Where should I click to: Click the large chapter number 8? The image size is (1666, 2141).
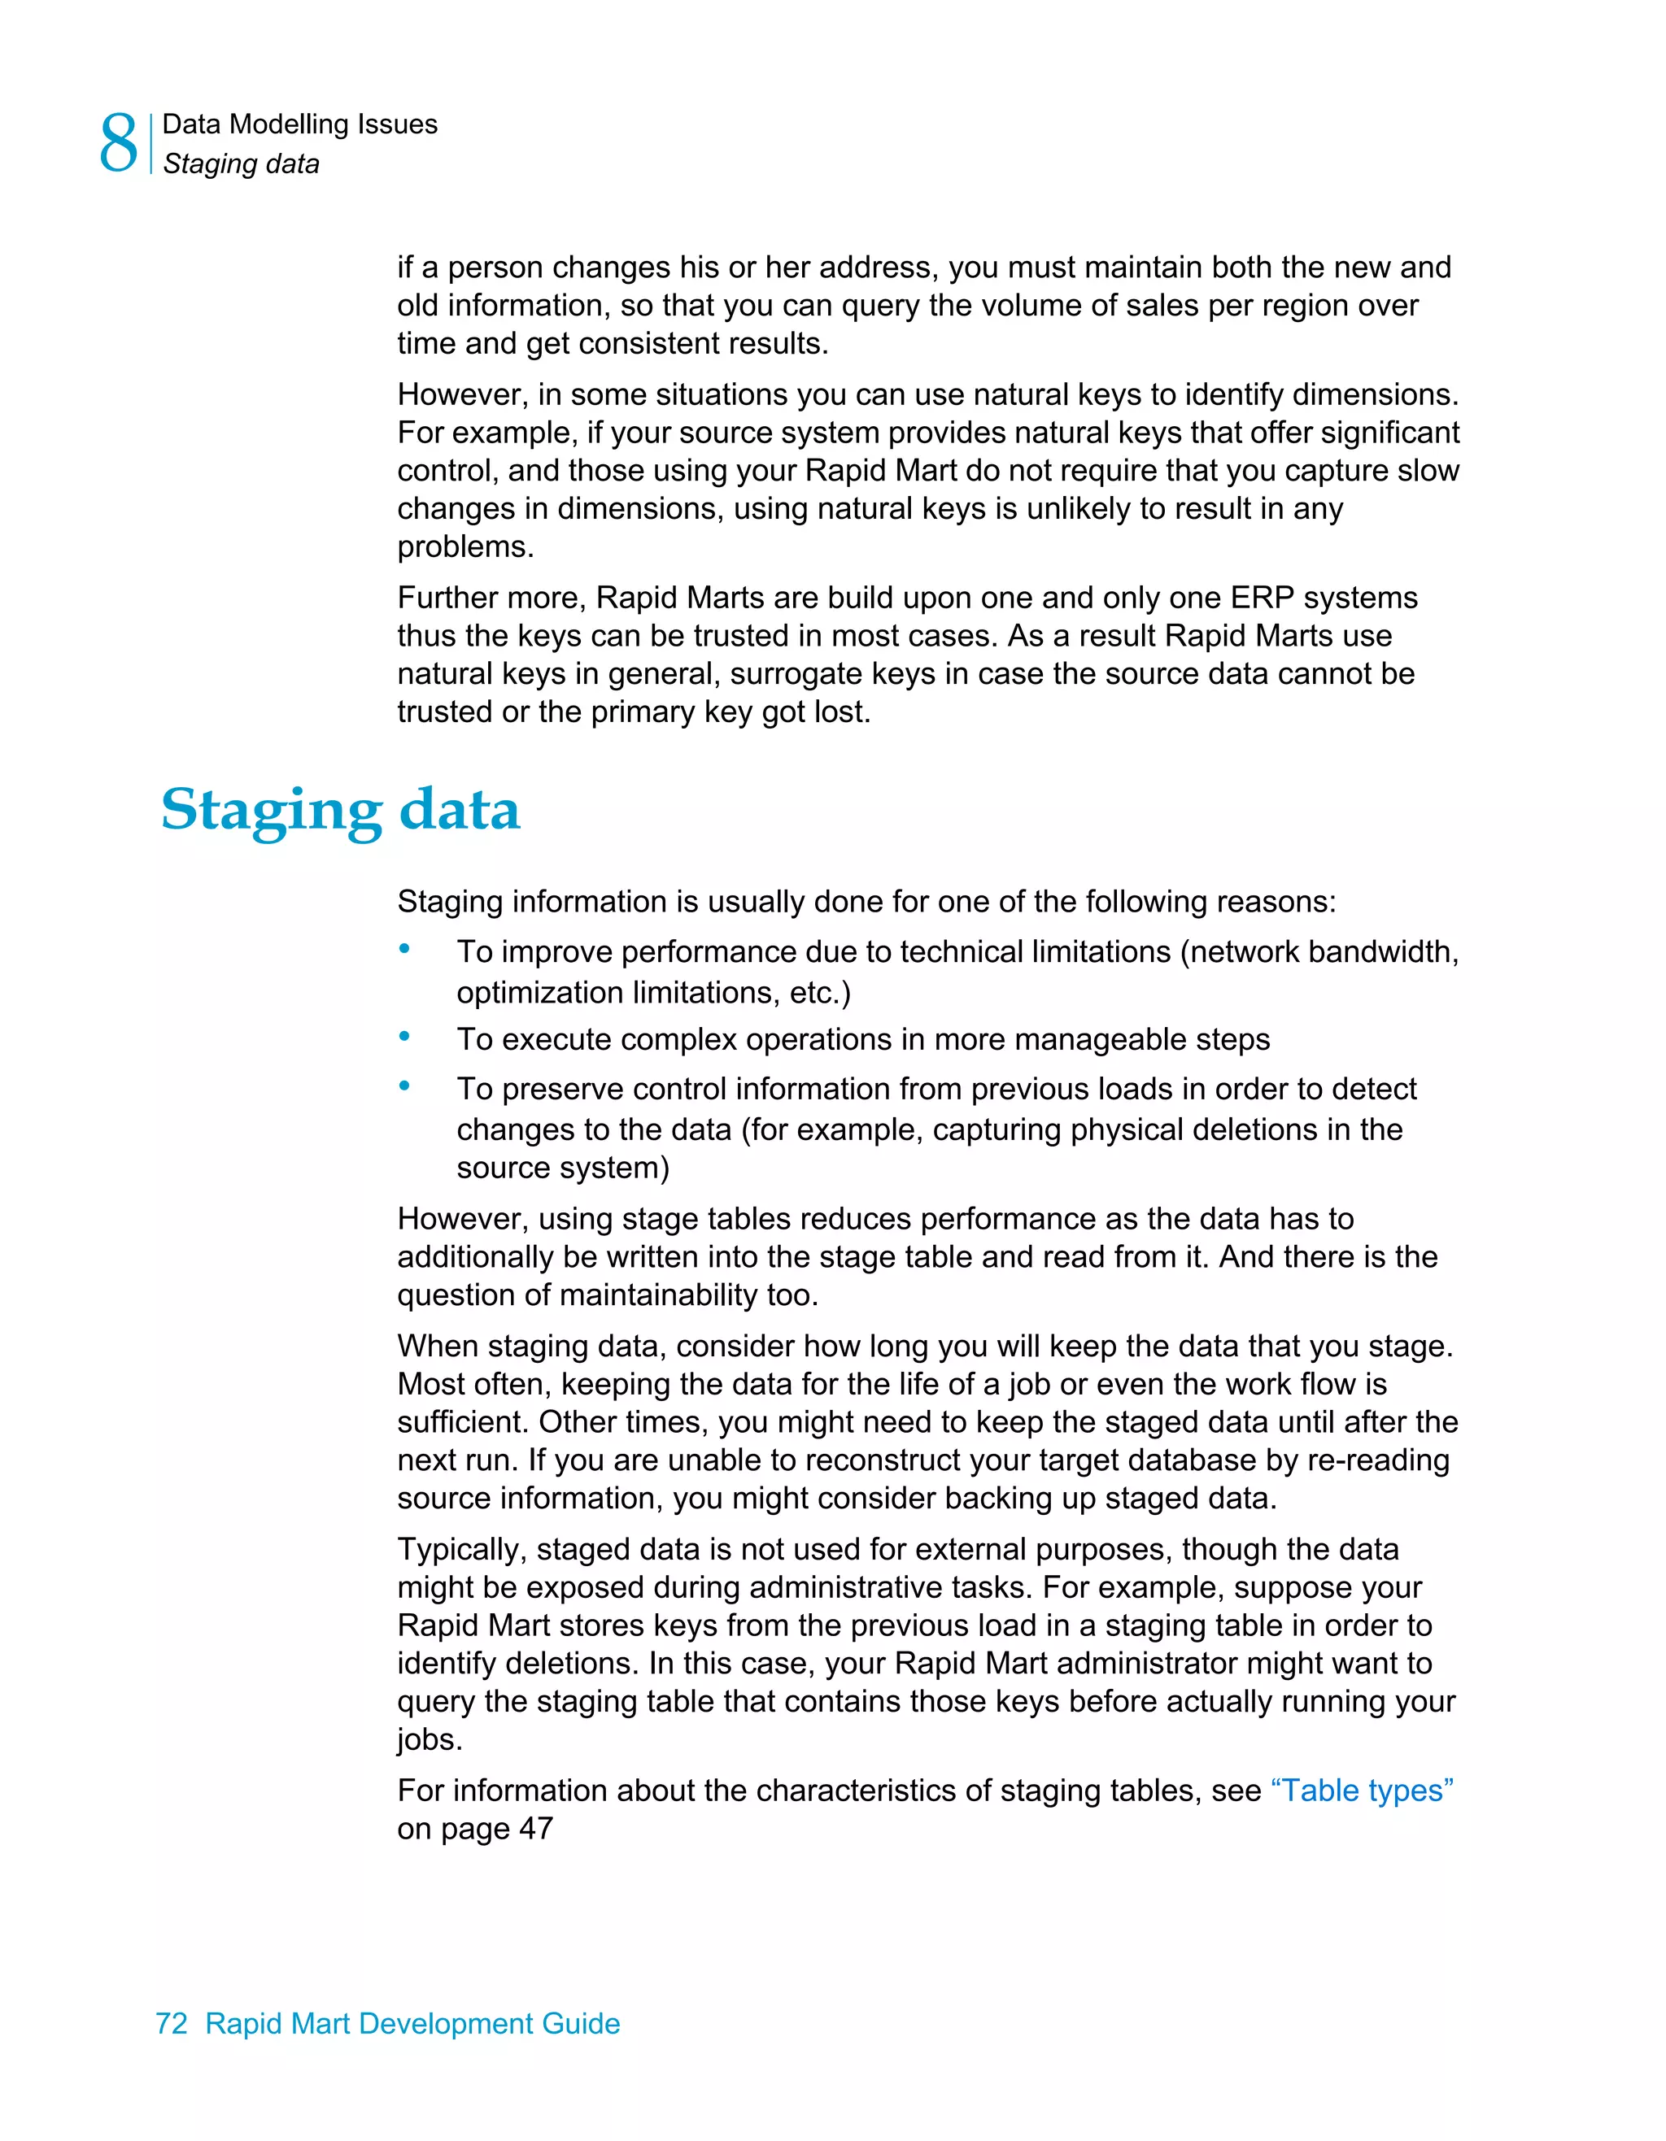click(x=119, y=143)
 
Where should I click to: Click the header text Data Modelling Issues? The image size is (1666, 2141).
click(x=299, y=124)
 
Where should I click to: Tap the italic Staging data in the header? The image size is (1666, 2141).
click(x=242, y=163)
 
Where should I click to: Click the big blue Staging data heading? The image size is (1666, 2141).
click(x=339, y=810)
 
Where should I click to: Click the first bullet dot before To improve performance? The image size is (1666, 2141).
click(x=404, y=948)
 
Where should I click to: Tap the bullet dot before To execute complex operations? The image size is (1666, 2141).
click(x=404, y=1035)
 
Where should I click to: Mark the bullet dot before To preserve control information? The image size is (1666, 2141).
click(x=404, y=1086)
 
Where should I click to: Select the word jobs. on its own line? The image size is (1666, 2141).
click(x=430, y=1740)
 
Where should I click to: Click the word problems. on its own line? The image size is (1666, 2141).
click(x=464, y=547)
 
